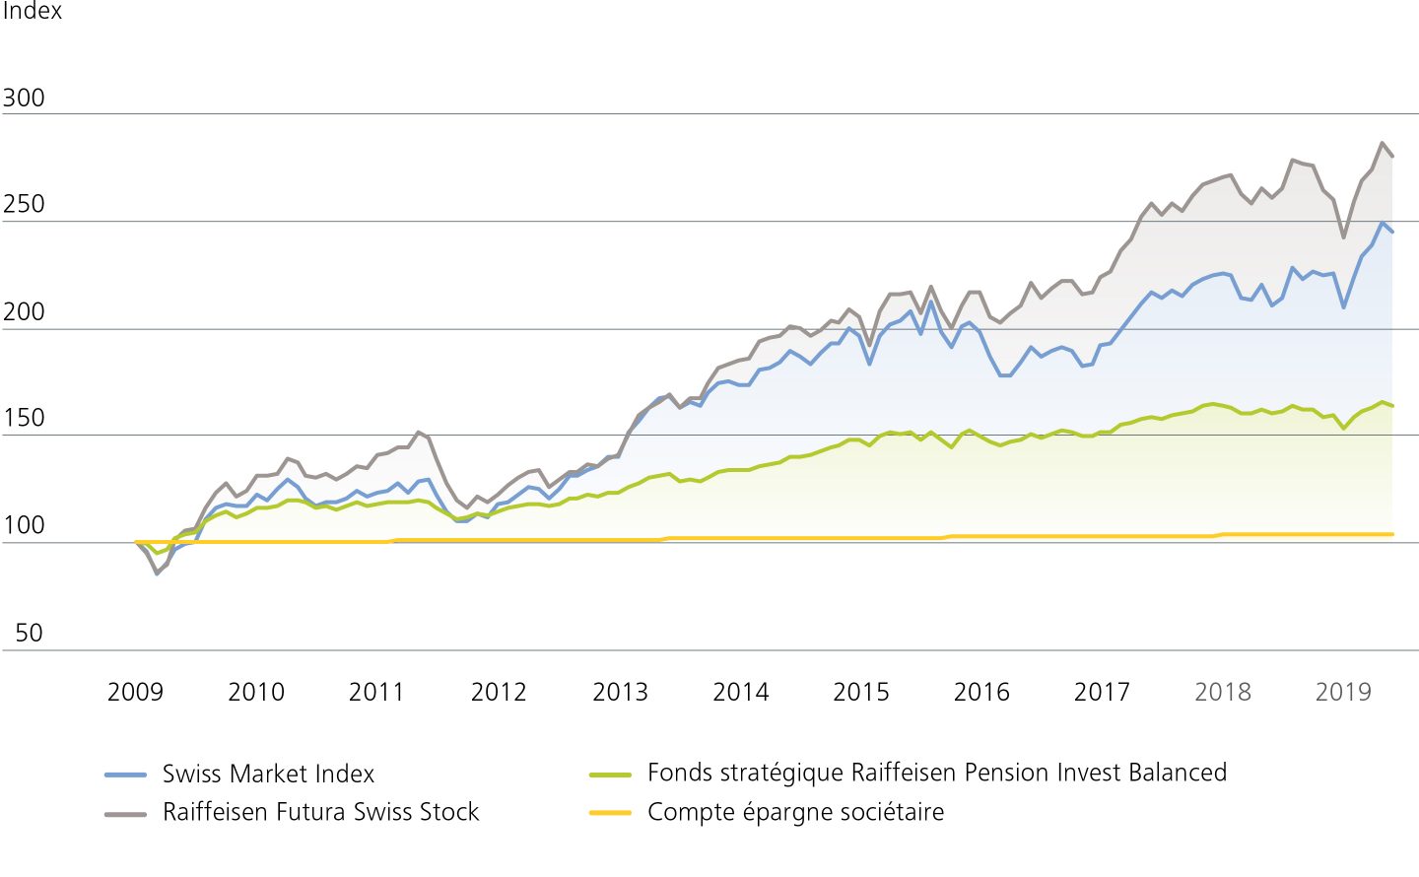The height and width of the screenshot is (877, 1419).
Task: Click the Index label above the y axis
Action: point(33,11)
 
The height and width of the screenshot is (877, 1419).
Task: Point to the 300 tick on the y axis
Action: point(24,99)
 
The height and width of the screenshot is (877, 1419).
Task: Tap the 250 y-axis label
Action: point(24,205)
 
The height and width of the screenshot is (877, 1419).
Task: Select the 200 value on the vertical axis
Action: point(24,312)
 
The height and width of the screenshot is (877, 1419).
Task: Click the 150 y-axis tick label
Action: point(24,419)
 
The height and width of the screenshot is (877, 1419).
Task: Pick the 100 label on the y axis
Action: point(24,526)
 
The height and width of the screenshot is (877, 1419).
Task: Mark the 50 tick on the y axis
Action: point(30,634)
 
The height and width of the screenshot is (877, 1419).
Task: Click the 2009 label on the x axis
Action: point(135,693)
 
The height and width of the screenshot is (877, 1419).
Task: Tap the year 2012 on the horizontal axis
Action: point(499,693)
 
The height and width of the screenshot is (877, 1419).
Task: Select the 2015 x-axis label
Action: point(861,693)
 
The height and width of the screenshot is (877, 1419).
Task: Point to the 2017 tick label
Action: point(1102,693)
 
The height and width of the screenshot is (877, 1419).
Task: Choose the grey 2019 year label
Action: point(1343,693)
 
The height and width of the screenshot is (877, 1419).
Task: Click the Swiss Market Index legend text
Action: point(268,775)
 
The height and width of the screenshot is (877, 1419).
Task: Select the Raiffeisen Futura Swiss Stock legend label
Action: point(320,812)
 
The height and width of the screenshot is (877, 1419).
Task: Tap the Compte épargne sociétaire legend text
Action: point(795,812)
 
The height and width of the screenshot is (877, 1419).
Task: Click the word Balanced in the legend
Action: point(1178,773)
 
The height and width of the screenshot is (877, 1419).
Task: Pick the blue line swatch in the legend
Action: point(125,776)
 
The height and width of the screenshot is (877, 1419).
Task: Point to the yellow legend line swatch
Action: point(610,813)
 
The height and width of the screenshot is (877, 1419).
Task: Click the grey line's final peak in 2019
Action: point(1383,143)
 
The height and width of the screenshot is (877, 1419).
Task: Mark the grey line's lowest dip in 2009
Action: point(156,573)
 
